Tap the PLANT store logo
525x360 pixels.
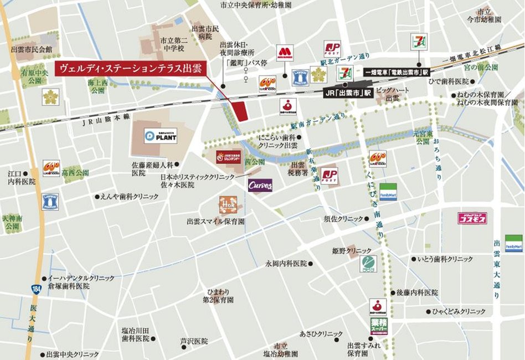pos(161,136)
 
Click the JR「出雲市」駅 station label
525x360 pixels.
pos(348,93)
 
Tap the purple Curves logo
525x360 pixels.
pos(260,185)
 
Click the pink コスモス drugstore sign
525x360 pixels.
pos(472,218)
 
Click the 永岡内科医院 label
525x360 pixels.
pos(286,263)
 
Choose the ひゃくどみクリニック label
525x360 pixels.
pos(459,311)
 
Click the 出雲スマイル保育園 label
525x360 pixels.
pos(216,221)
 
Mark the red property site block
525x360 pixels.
pos(240,111)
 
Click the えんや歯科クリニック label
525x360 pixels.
pos(130,197)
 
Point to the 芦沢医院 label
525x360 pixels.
pos(193,341)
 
